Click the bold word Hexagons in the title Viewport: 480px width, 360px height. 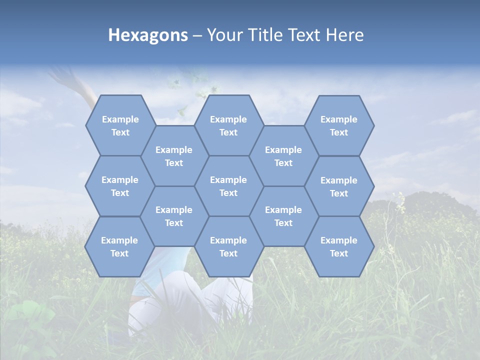pyautogui.click(x=148, y=35)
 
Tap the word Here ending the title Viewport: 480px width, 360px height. pyautogui.click(x=344, y=35)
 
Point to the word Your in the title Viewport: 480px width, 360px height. pyautogui.click(x=223, y=35)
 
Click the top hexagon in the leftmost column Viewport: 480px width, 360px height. pyautogui.click(x=120, y=125)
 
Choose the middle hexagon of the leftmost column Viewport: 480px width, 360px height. pyautogui.click(x=120, y=186)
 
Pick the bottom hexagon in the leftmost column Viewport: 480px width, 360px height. pyautogui.click(x=119, y=246)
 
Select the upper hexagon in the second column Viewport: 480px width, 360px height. pyautogui.click(x=174, y=156)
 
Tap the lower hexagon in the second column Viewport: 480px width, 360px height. pyautogui.click(x=174, y=216)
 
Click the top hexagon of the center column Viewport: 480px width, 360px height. pyautogui.click(x=228, y=125)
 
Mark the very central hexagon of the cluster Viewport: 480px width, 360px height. pyautogui.click(x=228, y=186)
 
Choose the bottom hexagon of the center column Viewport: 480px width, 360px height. pyautogui.click(x=228, y=246)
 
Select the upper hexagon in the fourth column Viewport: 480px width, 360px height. pyautogui.click(x=283, y=156)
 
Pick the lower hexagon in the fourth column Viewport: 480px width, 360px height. pyautogui.click(x=283, y=216)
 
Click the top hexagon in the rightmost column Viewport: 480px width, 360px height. pyautogui.click(x=339, y=125)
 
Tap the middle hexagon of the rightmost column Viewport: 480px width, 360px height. pyautogui.click(x=339, y=186)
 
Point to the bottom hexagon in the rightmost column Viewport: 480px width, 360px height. pyautogui.click(x=339, y=246)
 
